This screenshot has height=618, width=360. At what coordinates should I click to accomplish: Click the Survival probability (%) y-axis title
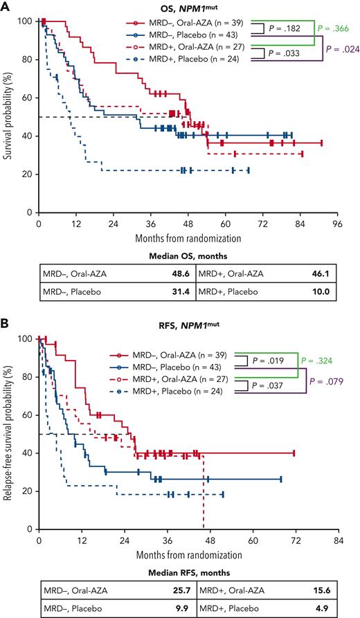tap(10, 118)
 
